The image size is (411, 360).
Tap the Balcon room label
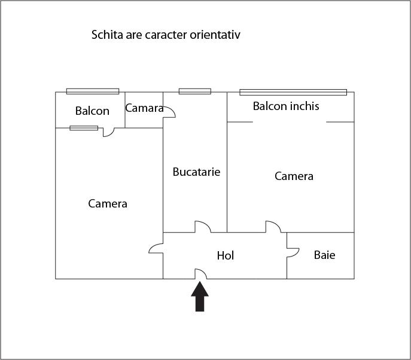click(92, 111)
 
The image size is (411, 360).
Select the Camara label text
click(144, 108)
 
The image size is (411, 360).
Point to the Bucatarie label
click(196, 172)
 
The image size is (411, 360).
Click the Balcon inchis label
click(286, 106)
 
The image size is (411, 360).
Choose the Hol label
click(226, 256)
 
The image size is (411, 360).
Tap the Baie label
click(324, 255)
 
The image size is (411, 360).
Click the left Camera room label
click(108, 204)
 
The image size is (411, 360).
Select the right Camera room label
click(294, 176)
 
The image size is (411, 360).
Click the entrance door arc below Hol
click(202, 274)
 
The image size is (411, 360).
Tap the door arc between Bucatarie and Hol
click(202, 227)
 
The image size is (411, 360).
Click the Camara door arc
click(169, 111)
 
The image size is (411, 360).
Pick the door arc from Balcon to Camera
click(108, 132)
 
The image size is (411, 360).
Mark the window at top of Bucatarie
click(195, 91)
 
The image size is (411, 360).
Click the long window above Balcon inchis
click(293, 92)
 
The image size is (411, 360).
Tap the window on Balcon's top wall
click(93, 91)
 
